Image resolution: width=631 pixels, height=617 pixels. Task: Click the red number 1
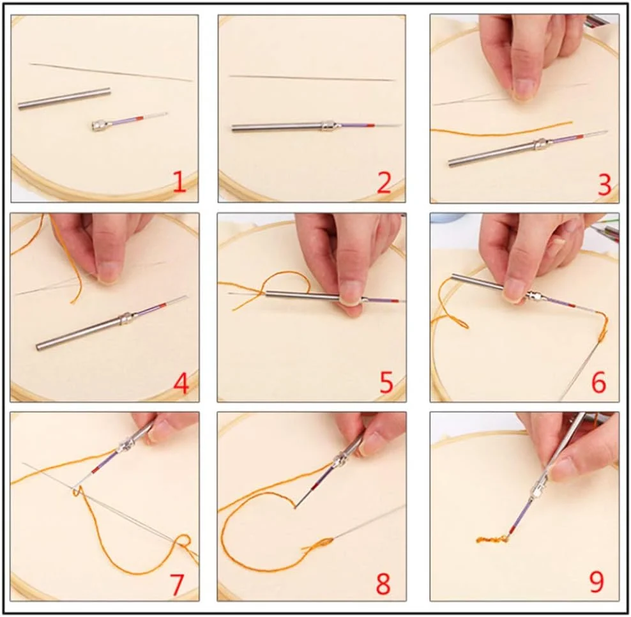[179, 182]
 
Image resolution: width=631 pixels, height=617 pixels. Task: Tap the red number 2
[384, 182]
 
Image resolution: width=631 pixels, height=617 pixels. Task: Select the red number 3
[604, 185]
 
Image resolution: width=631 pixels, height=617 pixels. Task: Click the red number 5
[386, 383]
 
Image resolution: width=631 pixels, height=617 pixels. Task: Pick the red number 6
[598, 383]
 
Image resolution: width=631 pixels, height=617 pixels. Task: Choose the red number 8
[383, 584]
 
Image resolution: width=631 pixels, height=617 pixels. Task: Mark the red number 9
[597, 583]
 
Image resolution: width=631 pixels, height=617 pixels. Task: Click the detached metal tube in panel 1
[64, 98]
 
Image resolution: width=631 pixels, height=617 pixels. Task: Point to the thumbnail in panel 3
[524, 89]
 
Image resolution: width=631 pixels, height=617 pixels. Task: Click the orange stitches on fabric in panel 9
[491, 539]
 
